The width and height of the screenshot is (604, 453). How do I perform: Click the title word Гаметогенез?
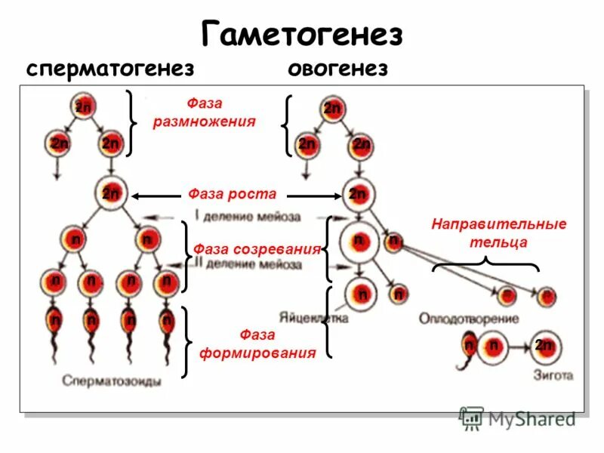(x=302, y=34)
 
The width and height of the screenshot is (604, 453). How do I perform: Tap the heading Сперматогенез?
(x=110, y=69)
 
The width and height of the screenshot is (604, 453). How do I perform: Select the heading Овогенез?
(x=337, y=69)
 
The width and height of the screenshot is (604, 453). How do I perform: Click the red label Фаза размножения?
(x=204, y=112)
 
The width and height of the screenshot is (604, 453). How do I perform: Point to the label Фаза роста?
(x=232, y=194)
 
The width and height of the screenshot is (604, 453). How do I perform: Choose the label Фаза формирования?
(x=257, y=344)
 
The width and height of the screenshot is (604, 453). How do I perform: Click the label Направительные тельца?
(x=498, y=233)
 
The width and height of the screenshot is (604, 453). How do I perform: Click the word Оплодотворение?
(x=469, y=319)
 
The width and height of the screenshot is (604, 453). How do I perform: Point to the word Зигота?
(x=555, y=374)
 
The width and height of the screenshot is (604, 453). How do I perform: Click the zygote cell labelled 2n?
(x=544, y=346)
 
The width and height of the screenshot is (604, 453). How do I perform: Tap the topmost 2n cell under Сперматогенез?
(x=83, y=107)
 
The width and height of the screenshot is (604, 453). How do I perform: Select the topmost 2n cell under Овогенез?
(x=332, y=109)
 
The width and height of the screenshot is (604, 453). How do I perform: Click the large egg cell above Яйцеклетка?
(x=362, y=294)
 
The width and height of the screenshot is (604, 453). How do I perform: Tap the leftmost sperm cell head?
(x=55, y=320)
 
